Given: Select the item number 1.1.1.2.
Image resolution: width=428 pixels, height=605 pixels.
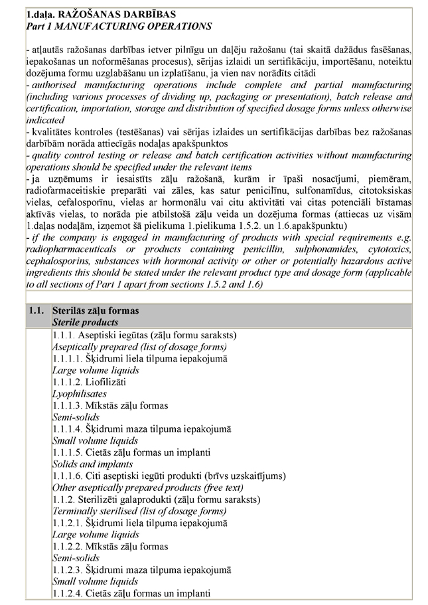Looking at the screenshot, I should [68, 382].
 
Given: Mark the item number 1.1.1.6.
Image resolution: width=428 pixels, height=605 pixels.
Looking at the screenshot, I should [68, 476].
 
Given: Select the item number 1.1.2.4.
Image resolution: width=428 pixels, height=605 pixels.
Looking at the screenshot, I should [68, 592].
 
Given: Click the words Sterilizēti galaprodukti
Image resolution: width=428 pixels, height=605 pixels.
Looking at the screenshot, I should [130, 499].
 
